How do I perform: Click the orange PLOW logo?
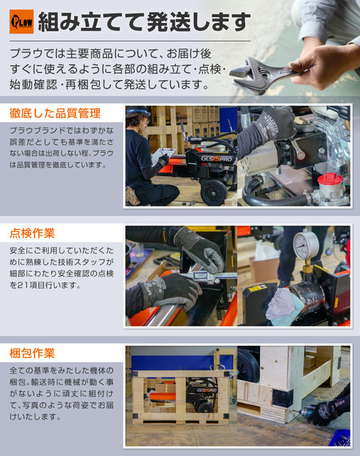[x=22, y=22]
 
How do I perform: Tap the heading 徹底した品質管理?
[x=55, y=113]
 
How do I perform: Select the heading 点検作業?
[x=32, y=233]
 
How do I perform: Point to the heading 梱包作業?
[x=32, y=353]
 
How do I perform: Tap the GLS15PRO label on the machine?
[x=217, y=158]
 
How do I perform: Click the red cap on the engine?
[x=330, y=179]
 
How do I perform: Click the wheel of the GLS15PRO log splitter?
[x=214, y=192]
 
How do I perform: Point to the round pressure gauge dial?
[x=306, y=245]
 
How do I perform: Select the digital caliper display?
[x=201, y=274]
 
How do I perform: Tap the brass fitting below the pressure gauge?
[x=306, y=266]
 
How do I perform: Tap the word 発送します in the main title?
[x=197, y=22]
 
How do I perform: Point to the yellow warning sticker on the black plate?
[x=258, y=288]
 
